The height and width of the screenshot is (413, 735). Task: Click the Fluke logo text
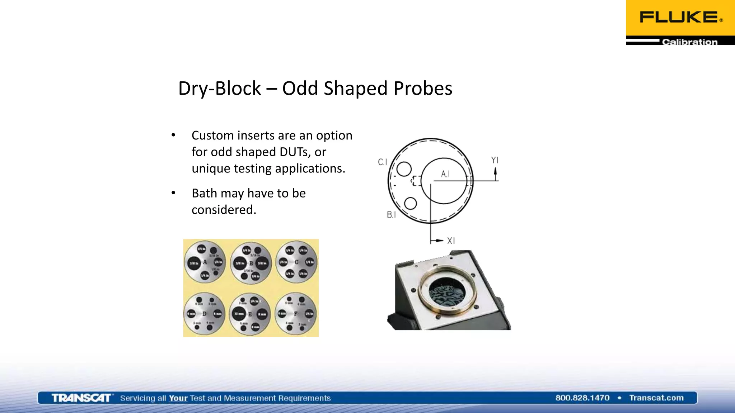tap(679, 17)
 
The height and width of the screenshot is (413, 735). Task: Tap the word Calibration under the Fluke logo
tap(689, 42)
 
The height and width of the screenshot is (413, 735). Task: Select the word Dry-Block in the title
tap(219, 88)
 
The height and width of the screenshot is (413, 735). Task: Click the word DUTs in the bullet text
tap(294, 152)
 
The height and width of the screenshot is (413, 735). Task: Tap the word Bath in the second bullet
tap(204, 193)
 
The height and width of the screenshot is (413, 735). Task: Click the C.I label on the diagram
tap(383, 162)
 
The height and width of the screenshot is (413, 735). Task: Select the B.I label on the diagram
tap(391, 215)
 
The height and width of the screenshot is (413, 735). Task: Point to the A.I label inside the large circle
tap(445, 174)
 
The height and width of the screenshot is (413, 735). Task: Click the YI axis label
tap(495, 160)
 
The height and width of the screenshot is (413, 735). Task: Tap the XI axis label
tap(451, 241)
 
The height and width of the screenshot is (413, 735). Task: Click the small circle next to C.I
tap(404, 169)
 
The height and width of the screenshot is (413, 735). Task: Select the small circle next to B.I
tap(410, 203)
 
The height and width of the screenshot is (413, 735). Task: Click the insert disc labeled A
tap(205, 262)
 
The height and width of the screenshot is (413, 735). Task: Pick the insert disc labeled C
tap(296, 262)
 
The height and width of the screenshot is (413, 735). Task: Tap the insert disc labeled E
tap(250, 314)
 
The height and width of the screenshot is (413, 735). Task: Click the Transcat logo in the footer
tap(81, 398)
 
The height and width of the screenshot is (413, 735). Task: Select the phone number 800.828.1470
tap(582, 398)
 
